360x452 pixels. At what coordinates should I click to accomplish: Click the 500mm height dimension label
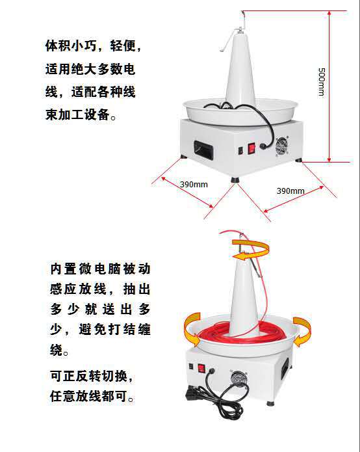[322, 82]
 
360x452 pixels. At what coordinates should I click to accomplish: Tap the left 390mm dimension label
[194, 184]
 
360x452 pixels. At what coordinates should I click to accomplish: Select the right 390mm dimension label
[290, 191]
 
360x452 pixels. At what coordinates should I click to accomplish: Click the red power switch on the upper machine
[251, 148]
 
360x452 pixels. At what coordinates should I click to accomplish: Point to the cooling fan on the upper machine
[282, 146]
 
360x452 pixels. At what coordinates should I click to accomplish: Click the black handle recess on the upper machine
[204, 151]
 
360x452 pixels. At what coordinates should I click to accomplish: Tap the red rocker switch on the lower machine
[201, 368]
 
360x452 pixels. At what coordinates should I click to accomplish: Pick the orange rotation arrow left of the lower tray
[192, 329]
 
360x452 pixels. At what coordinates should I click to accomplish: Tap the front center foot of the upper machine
[235, 179]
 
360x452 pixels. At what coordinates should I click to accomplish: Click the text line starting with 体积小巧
[93, 46]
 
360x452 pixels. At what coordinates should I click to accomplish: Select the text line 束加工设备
[81, 114]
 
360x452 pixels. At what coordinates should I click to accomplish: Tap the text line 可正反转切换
[92, 376]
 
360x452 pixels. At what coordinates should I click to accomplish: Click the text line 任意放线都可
[92, 396]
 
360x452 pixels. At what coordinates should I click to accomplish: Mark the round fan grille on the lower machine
[238, 378]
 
